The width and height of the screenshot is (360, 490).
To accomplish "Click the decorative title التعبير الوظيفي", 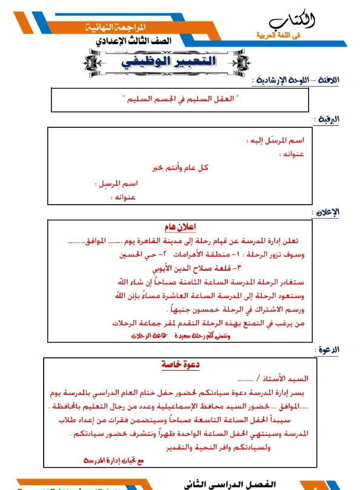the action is [x=179, y=62].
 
